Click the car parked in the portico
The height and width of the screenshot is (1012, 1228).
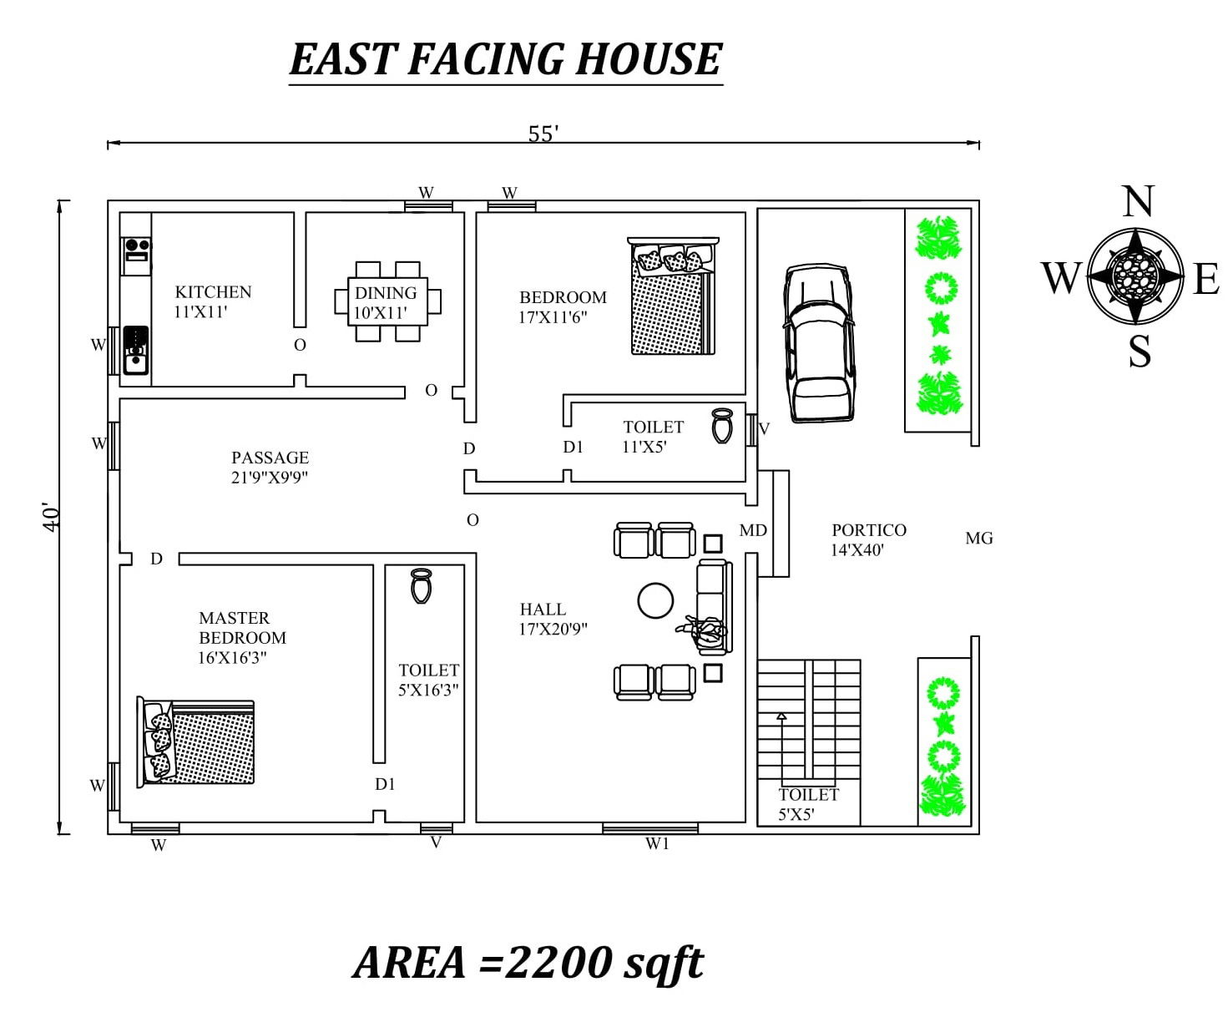tap(819, 342)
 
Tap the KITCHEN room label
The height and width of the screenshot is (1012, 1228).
tap(213, 292)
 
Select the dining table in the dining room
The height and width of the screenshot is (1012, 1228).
tap(387, 301)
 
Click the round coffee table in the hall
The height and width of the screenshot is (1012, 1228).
tap(655, 600)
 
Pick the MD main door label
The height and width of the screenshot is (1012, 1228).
tap(753, 531)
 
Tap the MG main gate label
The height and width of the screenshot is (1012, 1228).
tap(979, 538)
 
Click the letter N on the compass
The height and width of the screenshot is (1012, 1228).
tap(1138, 201)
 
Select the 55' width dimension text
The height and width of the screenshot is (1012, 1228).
tap(543, 134)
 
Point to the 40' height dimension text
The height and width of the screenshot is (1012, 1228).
tap(52, 517)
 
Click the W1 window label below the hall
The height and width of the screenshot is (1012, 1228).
tap(657, 843)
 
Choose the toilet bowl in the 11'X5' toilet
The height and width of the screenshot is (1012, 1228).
tap(721, 425)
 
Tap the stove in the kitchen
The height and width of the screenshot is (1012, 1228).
tap(136, 256)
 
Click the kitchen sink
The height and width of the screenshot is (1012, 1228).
tap(136, 351)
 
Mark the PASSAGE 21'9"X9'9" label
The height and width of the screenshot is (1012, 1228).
tap(270, 467)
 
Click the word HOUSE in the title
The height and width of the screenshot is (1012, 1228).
tap(648, 59)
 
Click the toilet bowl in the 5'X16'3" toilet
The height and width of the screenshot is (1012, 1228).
tap(421, 585)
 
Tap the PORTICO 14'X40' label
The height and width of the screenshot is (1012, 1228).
tap(869, 539)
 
